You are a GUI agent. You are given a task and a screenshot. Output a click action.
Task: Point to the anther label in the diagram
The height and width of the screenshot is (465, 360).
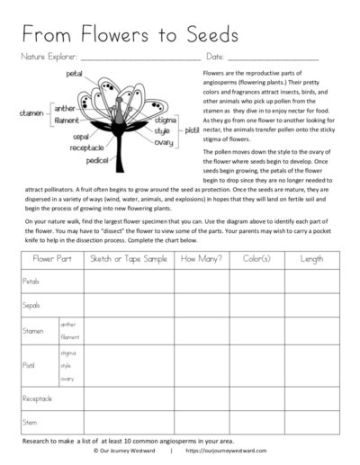tap(66, 108)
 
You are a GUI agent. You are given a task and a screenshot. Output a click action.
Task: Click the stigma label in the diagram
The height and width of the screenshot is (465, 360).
tap(165, 120)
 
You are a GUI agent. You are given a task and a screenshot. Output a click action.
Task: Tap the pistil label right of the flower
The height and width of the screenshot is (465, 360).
tap(192, 130)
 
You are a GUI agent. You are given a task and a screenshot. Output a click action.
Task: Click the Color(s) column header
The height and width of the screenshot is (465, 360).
tap(256, 259)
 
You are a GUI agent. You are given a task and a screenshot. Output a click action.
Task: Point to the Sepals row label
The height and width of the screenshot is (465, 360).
tap(31, 306)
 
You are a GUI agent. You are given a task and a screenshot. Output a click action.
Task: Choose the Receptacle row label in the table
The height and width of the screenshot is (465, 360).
tap(38, 396)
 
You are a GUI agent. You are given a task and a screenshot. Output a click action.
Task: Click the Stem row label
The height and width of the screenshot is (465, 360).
tap(30, 420)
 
